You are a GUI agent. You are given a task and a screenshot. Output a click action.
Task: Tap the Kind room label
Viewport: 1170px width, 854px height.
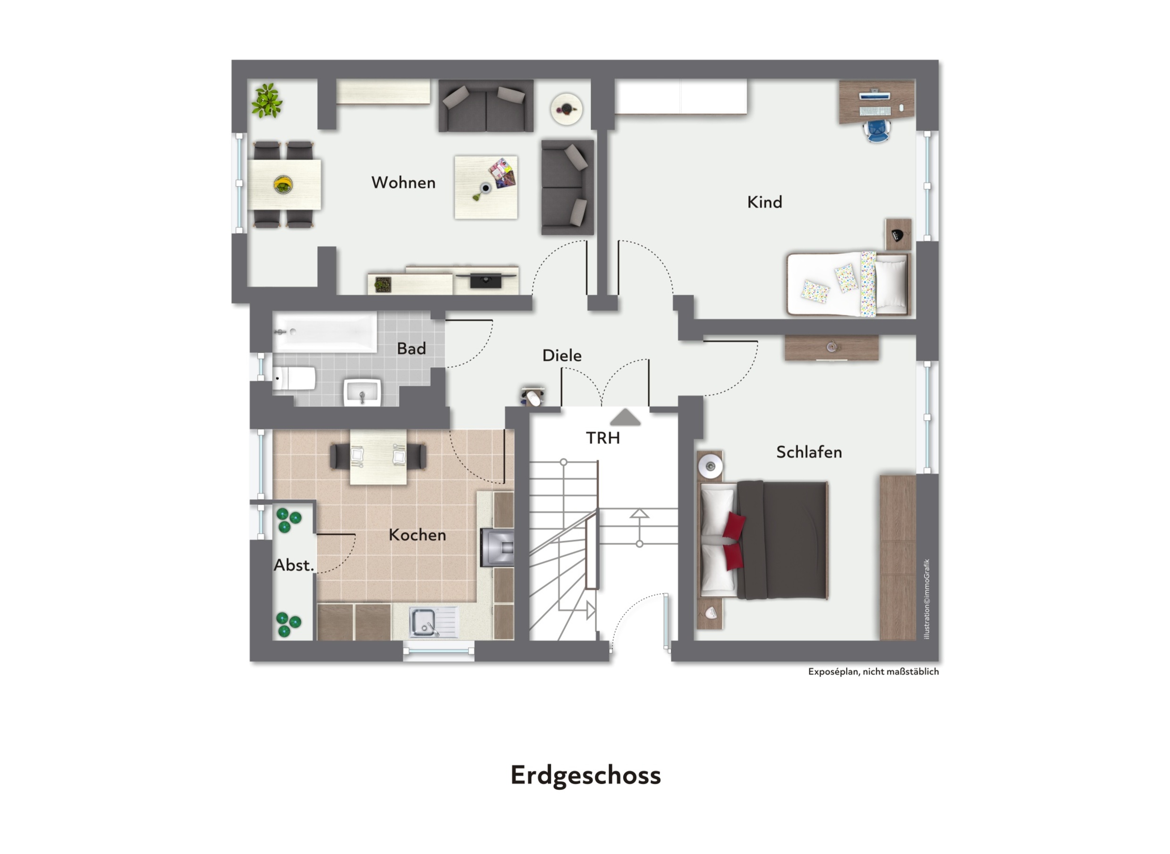(x=764, y=201)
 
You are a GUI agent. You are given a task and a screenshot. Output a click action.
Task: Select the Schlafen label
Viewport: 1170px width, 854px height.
(x=809, y=452)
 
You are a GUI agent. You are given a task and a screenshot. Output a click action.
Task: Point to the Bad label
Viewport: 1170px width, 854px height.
(x=411, y=348)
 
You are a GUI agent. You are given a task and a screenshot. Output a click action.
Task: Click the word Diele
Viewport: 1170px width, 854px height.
(x=562, y=355)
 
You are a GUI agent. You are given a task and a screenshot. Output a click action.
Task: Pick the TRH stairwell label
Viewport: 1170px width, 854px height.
(x=602, y=438)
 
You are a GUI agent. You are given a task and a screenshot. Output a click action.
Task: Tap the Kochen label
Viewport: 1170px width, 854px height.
(x=417, y=535)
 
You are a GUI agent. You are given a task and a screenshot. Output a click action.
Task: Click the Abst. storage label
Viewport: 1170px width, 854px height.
(x=293, y=565)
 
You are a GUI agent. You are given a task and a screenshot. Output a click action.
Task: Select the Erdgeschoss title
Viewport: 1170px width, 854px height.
(x=585, y=775)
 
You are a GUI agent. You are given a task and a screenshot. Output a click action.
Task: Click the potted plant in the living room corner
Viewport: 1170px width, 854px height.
(x=267, y=101)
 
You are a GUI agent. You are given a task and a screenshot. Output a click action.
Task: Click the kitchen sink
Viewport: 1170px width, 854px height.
(x=434, y=622)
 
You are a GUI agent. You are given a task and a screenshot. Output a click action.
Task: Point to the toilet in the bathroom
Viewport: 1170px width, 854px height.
(x=293, y=378)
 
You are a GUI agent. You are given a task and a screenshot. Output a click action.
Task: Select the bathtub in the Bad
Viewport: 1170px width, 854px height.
(x=325, y=332)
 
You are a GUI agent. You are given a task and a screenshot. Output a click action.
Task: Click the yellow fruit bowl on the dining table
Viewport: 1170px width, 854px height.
(x=283, y=184)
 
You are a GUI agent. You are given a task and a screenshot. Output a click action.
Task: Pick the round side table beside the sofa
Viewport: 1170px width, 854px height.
(x=567, y=109)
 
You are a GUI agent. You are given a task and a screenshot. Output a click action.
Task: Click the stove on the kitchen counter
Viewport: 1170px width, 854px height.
(x=497, y=547)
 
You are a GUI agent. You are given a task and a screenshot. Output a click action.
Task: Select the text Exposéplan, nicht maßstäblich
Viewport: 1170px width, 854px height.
(x=873, y=671)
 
